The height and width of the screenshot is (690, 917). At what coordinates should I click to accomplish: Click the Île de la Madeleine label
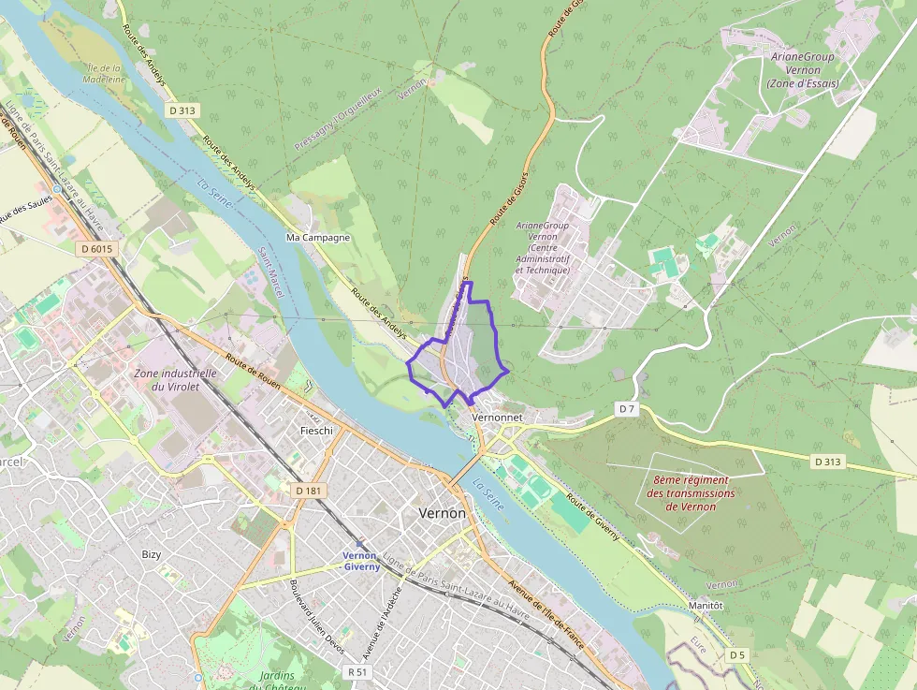point(104,74)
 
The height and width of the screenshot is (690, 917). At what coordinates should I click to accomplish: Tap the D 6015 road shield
point(96,249)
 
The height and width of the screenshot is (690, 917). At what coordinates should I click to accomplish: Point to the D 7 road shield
point(627,409)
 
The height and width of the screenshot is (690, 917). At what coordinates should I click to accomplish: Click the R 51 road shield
point(357,671)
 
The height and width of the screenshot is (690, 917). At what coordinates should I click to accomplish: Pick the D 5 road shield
point(738,654)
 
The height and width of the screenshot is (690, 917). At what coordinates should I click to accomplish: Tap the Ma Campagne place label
point(318,238)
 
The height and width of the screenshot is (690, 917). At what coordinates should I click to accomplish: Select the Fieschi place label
point(316,431)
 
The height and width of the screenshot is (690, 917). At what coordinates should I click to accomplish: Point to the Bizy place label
point(152,554)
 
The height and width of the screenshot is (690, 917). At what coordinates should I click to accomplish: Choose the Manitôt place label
point(706,606)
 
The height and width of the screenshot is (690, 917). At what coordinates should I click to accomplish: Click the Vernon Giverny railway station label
point(360,561)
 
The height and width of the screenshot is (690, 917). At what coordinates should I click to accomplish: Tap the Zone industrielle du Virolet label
point(176,379)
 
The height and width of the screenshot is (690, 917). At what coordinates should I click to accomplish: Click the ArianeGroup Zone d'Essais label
point(803,70)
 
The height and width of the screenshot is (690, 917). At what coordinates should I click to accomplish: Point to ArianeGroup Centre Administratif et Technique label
point(543,247)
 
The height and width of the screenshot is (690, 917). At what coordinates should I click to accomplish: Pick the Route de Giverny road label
point(593,518)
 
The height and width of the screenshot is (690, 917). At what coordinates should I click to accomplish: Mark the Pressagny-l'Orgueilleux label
point(338,121)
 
